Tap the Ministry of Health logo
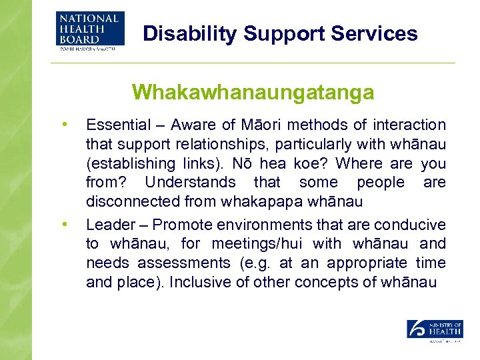pos(435,330)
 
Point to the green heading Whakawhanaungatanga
pos(253,92)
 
